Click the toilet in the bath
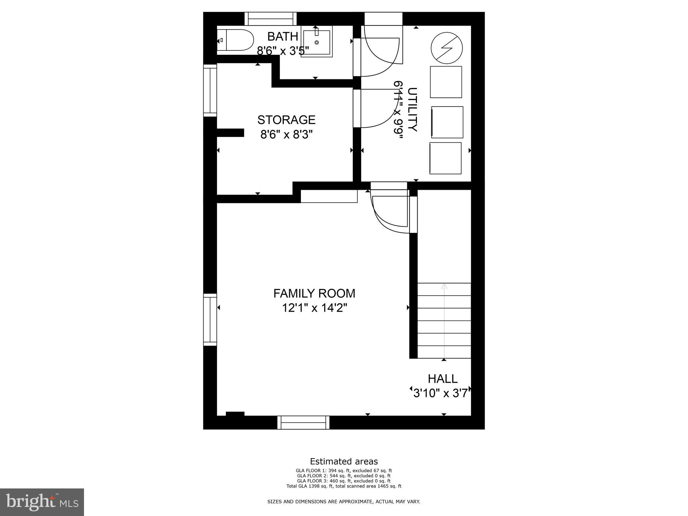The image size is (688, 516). pyautogui.click(x=235, y=40)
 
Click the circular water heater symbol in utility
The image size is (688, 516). pyautogui.click(x=446, y=48)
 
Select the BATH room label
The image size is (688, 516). pyautogui.click(x=283, y=36)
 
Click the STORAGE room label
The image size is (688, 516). pyautogui.click(x=286, y=120)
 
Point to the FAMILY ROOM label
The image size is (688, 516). pyautogui.click(x=314, y=293)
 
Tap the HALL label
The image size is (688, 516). pyautogui.click(x=442, y=379)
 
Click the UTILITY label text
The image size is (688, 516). pyautogui.click(x=412, y=110)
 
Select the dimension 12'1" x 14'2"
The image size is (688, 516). pyautogui.click(x=314, y=308)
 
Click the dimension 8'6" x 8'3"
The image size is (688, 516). pyautogui.click(x=286, y=135)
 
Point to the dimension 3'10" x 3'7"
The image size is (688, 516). pyautogui.click(x=441, y=393)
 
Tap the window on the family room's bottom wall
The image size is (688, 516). pyautogui.click(x=303, y=422)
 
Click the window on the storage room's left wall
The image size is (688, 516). pyautogui.click(x=210, y=90)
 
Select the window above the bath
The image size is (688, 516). pyautogui.click(x=270, y=18)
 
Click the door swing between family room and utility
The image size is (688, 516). pyautogui.click(x=390, y=210)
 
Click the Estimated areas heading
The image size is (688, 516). pyautogui.click(x=344, y=461)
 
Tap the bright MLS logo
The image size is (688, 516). pyautogui.click(x=42, y=502)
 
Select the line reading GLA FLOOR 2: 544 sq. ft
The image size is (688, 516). pyautogui.click(x=344, y=476)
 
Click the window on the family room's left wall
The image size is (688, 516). pyautogui.click(x=210, y=319)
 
